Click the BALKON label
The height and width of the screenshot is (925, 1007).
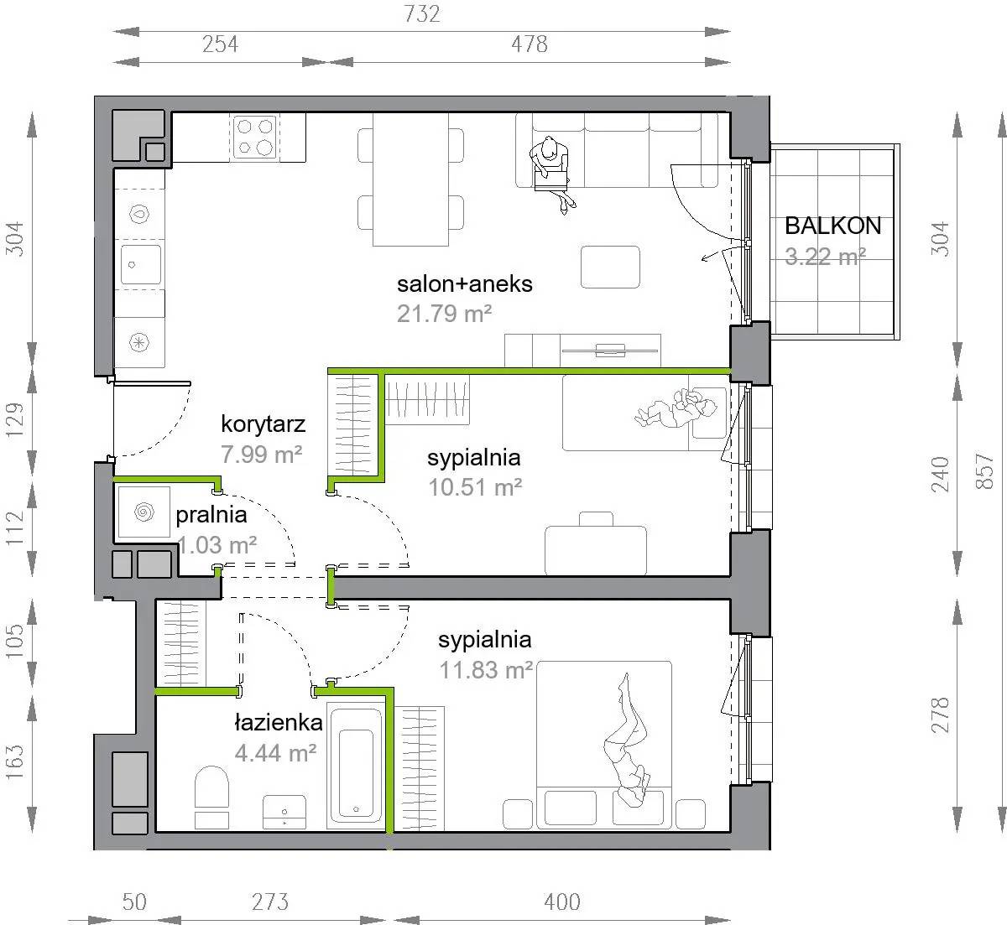point(832,226)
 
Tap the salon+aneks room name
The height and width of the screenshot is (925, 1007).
point(464,284)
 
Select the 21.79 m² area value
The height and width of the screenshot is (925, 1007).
point(444,314)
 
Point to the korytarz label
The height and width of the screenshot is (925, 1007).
point(263,424)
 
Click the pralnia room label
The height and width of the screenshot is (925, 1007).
point(211,516)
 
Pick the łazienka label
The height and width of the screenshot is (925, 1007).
point(279,723)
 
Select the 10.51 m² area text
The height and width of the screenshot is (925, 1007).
point(475,487)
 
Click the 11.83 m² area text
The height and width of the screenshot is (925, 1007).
point(486,670)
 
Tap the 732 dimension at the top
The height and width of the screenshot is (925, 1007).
point(421,14)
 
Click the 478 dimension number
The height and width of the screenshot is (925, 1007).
point(530,44)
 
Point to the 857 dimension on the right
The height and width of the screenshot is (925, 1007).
point(984,471)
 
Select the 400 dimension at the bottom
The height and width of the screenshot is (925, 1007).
point(561,902)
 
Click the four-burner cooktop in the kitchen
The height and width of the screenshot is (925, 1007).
point(255,137)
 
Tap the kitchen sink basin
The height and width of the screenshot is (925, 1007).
point(141,264)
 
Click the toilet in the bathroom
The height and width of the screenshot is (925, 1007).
point(211,798)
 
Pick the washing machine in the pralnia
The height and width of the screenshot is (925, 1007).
point(143,512)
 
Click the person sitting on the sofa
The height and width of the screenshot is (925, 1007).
point(552,173)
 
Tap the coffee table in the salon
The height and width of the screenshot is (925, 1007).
point(610,267)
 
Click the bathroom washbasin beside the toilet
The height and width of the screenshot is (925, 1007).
point(284,812)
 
